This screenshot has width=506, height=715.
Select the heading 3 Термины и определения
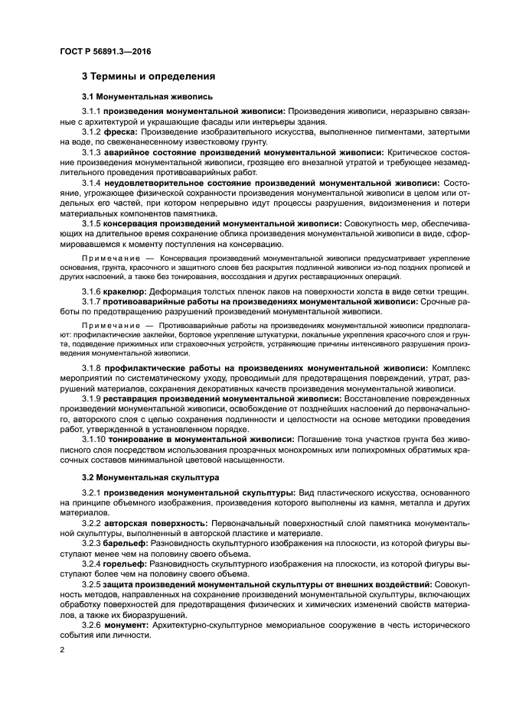(x=149, y=76)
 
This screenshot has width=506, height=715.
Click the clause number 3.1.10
(x=93, y=440)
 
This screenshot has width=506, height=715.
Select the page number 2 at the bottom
(x=63, y=649)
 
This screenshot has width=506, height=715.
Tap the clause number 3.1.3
(x=91, y=153)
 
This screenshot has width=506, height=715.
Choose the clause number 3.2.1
(x=91, y=492)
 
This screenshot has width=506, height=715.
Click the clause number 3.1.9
(x=91, y=398)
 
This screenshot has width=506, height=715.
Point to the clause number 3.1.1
(x=91, y=112)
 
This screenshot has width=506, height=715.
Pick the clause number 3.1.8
(x=91, y=368)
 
